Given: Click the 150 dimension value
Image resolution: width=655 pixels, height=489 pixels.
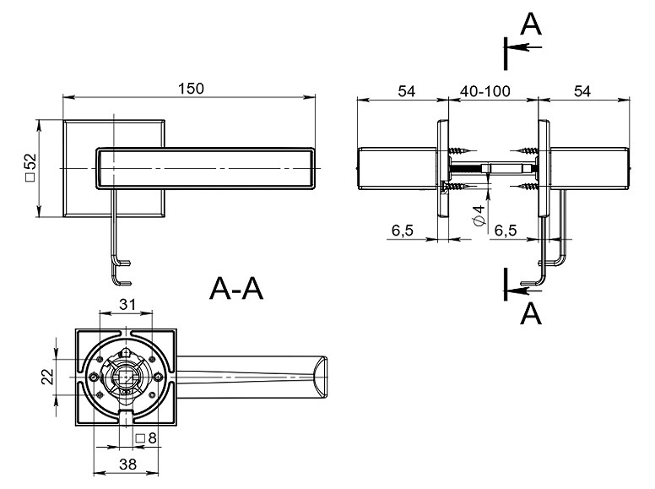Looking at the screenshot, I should (192, 89).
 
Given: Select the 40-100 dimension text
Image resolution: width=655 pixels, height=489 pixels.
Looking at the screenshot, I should (490, 91).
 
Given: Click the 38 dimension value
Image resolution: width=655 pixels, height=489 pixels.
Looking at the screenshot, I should (128, 463).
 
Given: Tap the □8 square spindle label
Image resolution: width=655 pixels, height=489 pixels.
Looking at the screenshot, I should (146, 437).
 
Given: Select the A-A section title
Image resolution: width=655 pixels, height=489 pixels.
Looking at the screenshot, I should (237, 290).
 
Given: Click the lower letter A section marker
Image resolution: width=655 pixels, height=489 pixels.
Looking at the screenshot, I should (530, 313).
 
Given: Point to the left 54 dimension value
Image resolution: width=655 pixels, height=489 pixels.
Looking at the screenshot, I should (407, 91).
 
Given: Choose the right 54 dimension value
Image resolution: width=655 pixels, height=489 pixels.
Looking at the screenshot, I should (582, 91).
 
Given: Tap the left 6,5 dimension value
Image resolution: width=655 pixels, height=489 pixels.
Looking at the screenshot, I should (402, 231).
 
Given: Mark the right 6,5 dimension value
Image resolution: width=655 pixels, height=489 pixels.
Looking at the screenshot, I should (506, 231).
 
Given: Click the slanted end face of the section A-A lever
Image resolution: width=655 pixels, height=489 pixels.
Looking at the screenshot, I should (320, 376).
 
